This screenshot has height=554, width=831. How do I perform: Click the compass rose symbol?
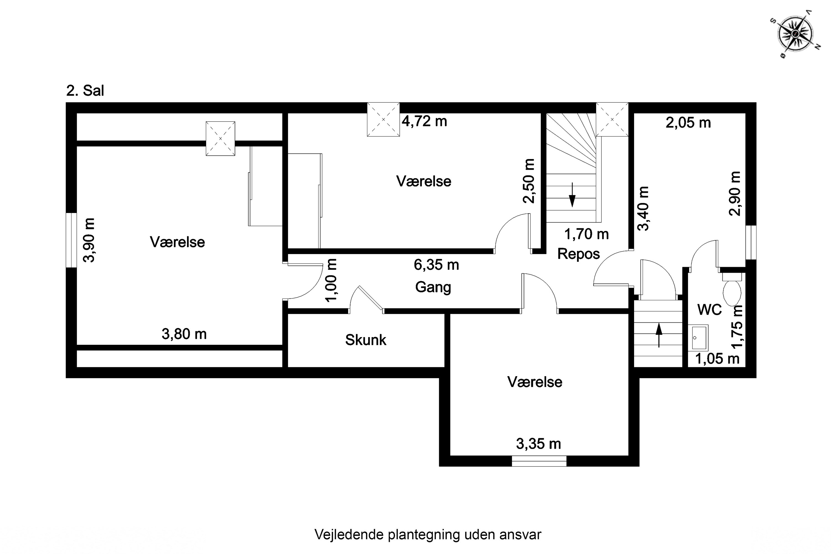click(x=795, y=34)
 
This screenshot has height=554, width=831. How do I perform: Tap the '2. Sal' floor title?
click(x=85, y=91)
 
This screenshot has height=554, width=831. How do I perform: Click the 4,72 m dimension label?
click(x=424, y=122)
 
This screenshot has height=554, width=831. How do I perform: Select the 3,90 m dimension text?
click(x=89, y=240)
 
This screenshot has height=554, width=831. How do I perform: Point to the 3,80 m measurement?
click(x=184, y=334)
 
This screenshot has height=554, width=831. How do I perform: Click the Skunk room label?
click(x=366, y=340)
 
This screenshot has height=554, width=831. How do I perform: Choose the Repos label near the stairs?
click(x=578, y=254)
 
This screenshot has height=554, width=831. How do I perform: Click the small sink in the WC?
click(x=699, y=338)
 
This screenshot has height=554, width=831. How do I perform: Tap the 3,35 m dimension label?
click(x=538, y=444)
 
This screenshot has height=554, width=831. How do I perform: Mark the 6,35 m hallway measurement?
click(x=436, y=265)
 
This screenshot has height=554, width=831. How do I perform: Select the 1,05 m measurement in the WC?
click(x=717, y=359)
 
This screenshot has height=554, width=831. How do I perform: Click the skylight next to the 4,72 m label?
click(x=383, y=119)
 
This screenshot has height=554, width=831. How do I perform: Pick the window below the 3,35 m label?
click(x=539, y=461)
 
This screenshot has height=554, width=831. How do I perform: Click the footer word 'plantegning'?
click(x=424, y=535)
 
